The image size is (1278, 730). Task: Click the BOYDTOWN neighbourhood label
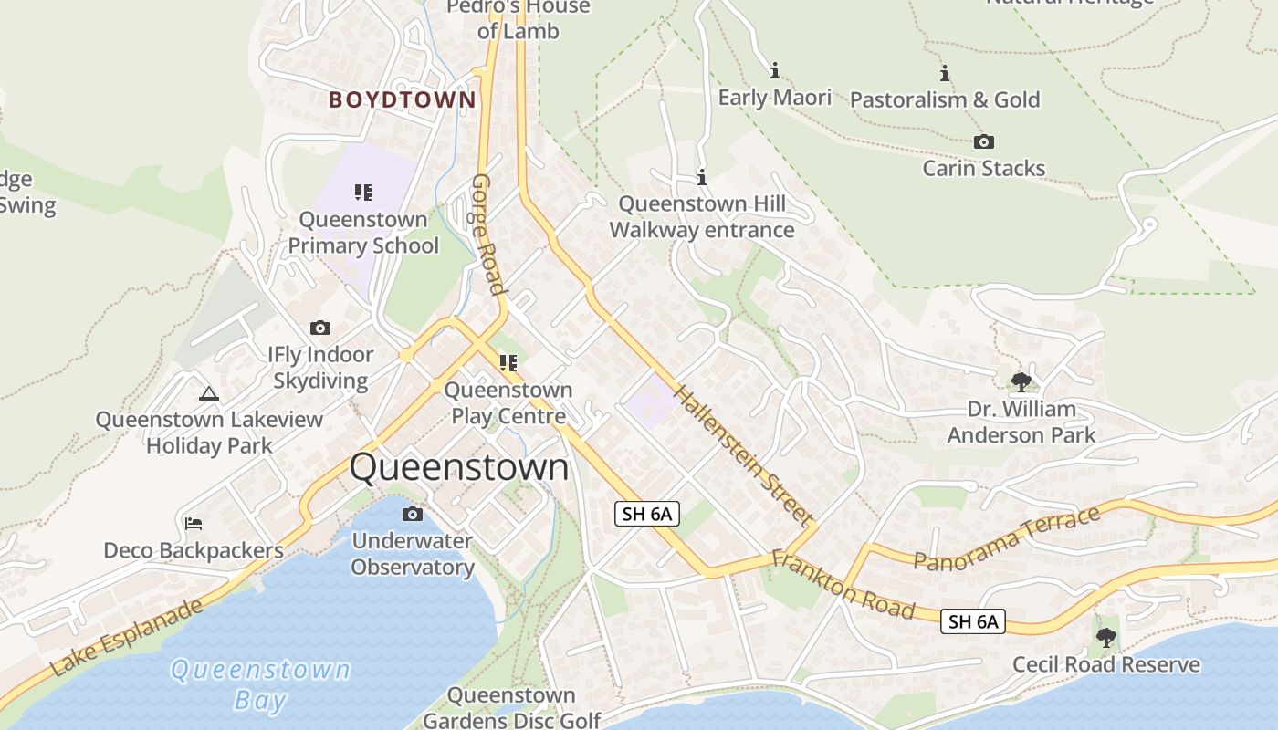(x=402, y=99)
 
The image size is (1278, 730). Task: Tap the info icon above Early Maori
(x=775, y=70)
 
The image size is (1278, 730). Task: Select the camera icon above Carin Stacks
(x=983, y=141)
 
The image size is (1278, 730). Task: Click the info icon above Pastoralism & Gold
(x=945, y=73)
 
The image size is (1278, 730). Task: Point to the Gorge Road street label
(x=487, y=235)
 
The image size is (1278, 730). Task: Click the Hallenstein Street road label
(x=743, y=455)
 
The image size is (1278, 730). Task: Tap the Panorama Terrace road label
(x=1007, y=538)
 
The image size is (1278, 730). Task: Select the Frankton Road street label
(x=843, y=585)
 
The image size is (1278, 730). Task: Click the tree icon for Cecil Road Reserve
(x=1106, y=637)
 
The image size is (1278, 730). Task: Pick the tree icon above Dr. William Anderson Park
(x=1021, y=381)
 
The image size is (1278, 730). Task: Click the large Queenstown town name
(x=459, y=467)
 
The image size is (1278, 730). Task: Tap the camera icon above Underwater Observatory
(x=413, y=515)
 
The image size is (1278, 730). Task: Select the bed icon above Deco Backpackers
(x=194, y=524)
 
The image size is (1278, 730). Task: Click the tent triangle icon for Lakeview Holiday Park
(x=209, y=393)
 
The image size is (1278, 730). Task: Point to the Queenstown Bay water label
(x=260, y=684)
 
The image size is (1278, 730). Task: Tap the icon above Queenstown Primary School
(x=363, y=193)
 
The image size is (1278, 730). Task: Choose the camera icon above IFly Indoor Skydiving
(x=320, y=328)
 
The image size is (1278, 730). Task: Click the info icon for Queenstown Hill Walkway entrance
(x=702, y=177)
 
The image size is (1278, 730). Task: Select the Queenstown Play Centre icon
(x=508, y=363)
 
